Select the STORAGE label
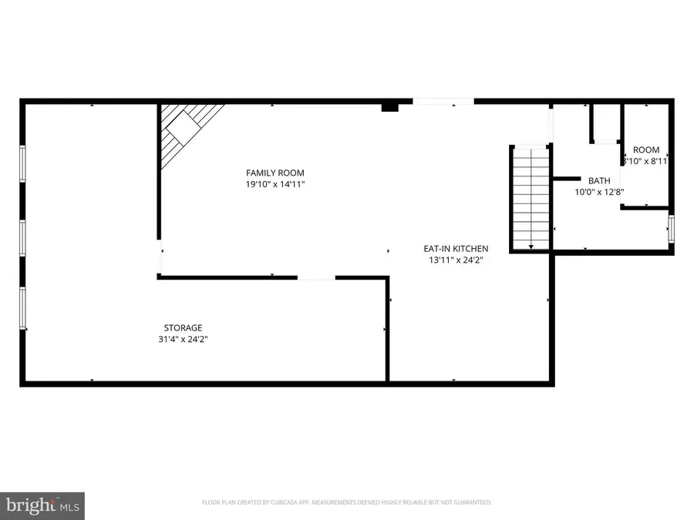[x=183, y=327]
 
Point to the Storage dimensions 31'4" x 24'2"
[x=183, y=339]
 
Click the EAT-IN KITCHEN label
[x=455, y=248]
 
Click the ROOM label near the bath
[x=646, y=150]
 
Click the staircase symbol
[x=529, y=198]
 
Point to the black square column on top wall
[x=390, y=107]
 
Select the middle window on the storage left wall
[x=22, y=237]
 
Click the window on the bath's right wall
[x=671, y=229]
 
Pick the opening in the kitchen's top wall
[x=443, y=101]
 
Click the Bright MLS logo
[x=42, y=505]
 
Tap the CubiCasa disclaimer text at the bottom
[x=346, y=502]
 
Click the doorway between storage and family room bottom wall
[x=316, y=278]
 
